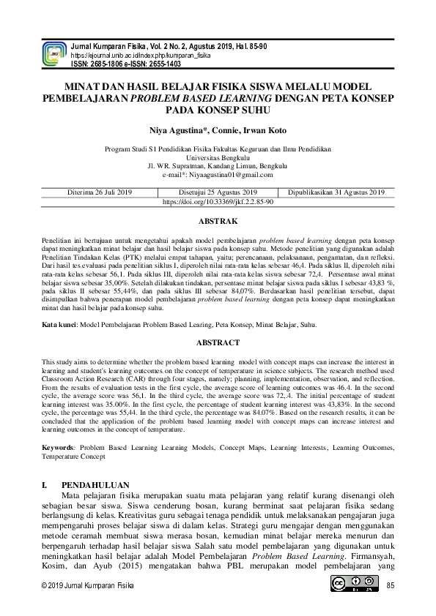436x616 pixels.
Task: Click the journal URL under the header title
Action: [x=141, y=56]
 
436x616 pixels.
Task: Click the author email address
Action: [x=218, y=175]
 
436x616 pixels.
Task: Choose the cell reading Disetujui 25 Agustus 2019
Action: [x=218, y=192]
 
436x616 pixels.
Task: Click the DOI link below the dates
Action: [x=218, y=201]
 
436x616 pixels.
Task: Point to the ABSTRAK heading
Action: [x=218, y=220]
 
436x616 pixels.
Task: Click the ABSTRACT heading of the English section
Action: [x=218, y=342]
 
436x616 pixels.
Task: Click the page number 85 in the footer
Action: [x=390, y=585]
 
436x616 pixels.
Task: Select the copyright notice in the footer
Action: [x=87, y=585]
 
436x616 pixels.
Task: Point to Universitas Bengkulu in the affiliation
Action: [x=218, y=157]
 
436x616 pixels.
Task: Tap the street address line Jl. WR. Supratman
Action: [x=218, y=165]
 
